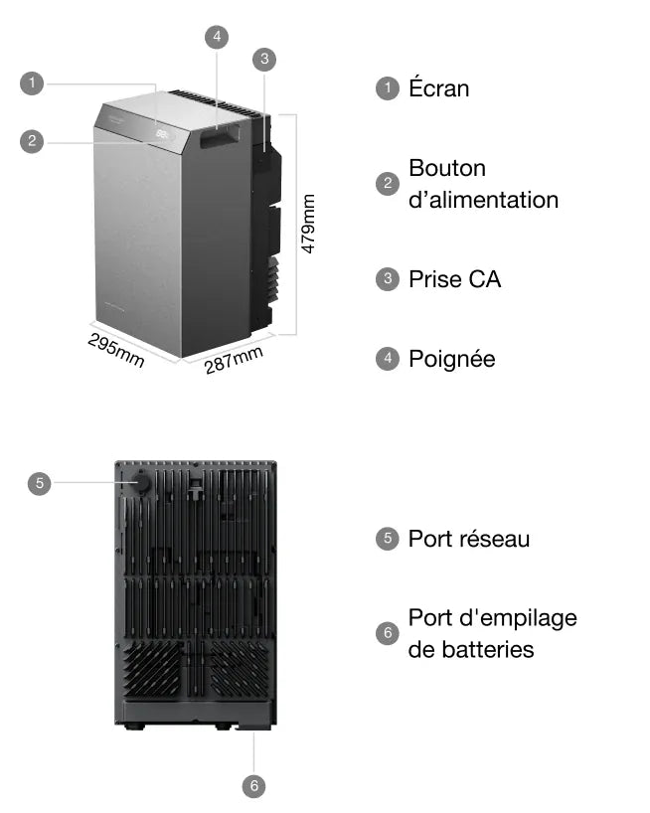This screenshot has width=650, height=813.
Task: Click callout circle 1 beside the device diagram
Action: [32, 83]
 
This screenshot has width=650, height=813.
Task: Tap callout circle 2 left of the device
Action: [32, 141]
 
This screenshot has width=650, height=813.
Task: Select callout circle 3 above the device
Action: [264, 59]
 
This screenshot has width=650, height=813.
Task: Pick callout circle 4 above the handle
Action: [217, 37]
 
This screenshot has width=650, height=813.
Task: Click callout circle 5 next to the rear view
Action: [40, 483]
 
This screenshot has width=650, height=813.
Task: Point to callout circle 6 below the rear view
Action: [254, 786]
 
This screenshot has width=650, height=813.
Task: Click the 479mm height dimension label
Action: [308, 224]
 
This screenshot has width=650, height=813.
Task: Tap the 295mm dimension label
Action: [116, 350]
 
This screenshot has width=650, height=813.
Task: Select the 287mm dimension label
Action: [234, 360]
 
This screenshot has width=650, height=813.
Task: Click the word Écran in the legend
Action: [439, 87]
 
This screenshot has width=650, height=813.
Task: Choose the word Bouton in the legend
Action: [447, 168]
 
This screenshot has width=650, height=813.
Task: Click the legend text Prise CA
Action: [455, 279]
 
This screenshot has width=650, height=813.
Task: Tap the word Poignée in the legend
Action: [452, 360]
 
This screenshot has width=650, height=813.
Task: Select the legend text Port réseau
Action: [469, 539]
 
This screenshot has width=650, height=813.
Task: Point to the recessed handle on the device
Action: [220, 136]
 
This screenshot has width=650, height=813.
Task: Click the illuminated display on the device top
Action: [163, 134]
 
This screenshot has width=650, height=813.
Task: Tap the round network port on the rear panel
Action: [139, 482]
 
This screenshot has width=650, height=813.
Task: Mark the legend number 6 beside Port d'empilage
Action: [388, 633]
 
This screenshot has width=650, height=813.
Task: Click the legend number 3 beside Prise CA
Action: [388, 279]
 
